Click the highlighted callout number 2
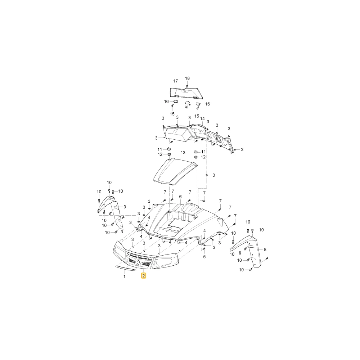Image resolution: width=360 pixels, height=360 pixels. point(144,275)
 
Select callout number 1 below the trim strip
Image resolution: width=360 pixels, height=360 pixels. point(125,276)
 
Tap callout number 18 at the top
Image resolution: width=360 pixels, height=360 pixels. point(187,78)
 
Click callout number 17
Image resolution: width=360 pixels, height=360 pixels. point(175,81)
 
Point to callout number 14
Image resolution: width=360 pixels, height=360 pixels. point(202,119)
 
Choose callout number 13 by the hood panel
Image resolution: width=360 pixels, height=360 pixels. point(183,153)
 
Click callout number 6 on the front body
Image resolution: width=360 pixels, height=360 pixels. point(180,197)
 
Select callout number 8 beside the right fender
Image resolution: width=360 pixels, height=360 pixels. point(265,249)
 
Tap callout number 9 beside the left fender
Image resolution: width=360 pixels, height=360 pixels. point(125,207)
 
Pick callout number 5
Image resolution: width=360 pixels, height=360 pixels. point(204,257)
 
